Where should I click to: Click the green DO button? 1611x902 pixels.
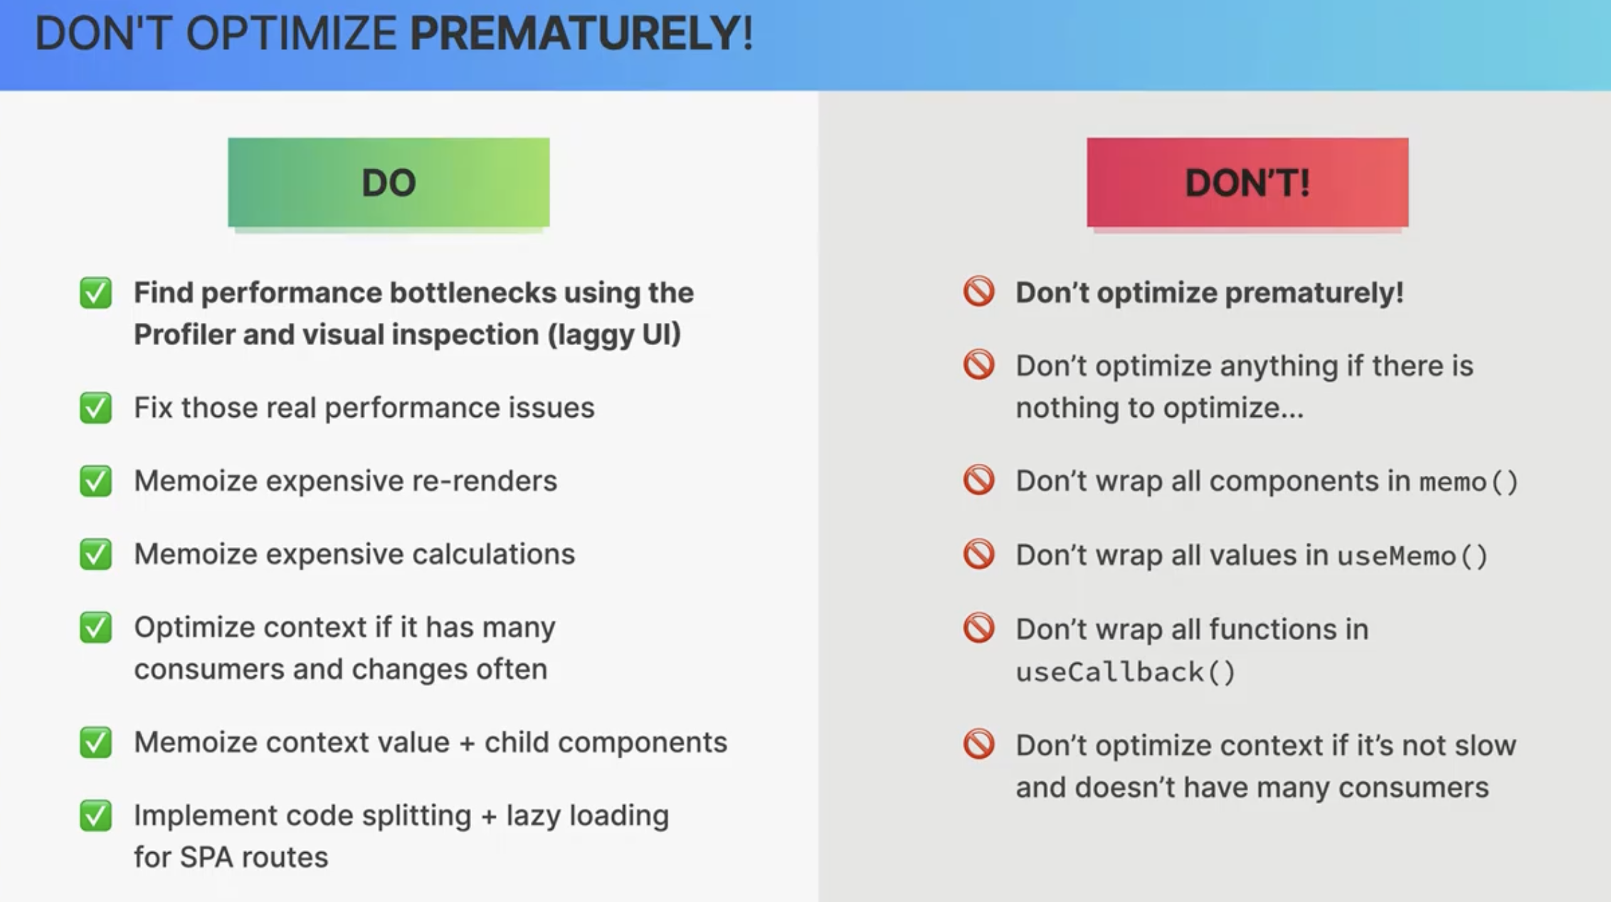point(389,182)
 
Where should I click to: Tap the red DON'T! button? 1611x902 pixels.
point(1247,182)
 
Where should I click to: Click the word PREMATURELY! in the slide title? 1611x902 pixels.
point(581,33)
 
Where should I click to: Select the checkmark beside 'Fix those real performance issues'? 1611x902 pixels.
point(96,408)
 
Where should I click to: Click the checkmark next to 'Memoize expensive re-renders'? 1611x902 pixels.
point(96,481)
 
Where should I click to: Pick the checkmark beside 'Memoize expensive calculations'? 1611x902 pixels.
point(96,554)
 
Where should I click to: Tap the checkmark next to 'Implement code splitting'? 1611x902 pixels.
point(96,815)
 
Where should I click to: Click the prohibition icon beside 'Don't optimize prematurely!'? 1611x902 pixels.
point(978,292)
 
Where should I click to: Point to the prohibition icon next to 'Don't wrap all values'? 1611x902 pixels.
point(978,554)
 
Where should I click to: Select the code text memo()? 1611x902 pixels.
point(1469,482)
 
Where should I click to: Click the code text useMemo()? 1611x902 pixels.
point(1412,556)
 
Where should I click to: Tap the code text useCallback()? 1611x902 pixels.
point(1126,672)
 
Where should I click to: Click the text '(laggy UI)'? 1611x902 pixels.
point(614,335)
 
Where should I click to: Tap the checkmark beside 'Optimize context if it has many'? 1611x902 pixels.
point(96,627)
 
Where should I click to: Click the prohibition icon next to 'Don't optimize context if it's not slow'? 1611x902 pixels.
point(978,744)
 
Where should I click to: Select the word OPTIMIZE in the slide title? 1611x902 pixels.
point(291,33)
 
